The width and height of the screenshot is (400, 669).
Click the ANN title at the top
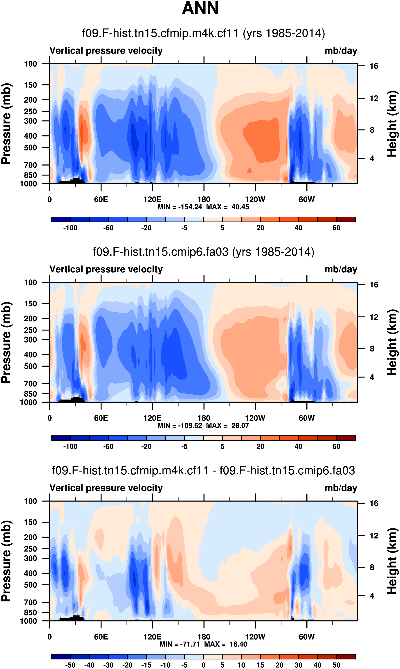click(200, 8)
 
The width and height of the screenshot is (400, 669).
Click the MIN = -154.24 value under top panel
click(180, 207)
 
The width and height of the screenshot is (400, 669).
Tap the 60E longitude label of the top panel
click(101, 200)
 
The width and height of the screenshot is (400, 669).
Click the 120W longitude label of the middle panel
click(255, 418)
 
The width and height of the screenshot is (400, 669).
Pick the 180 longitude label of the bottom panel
click(204, 637)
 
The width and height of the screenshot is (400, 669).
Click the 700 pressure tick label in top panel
click(30, 165)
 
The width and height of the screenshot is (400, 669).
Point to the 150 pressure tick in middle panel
click(30, 304)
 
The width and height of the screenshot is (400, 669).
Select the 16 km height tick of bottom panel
click(374, 503)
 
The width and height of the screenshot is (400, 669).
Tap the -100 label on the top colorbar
click(70, 228)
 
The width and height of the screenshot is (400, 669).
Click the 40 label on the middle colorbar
click(298, 447)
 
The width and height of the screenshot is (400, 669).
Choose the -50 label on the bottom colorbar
click(70, 665)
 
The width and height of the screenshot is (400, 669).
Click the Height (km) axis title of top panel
click(392, 124)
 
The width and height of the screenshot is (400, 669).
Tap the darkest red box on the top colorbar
click(346, 219)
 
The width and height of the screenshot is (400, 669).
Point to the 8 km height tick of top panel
click(372, 130)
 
